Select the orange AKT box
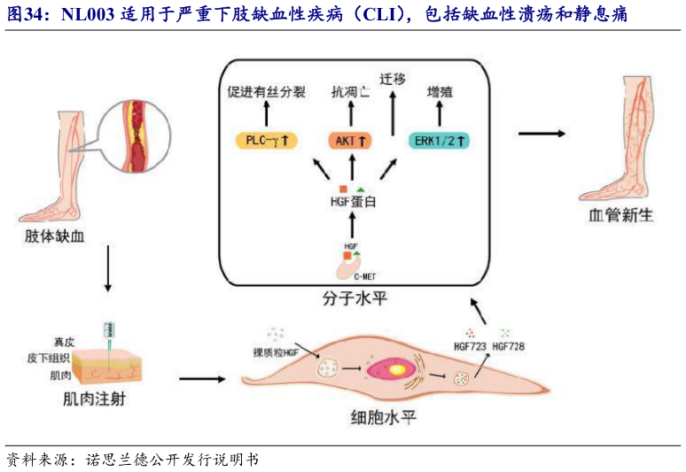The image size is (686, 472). pos(352,140)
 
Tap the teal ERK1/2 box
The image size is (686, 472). pos(440,140)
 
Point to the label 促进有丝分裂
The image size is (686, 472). pos(265,90)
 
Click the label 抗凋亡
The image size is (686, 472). pos(351,90)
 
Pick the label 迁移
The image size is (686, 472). pos(391,78)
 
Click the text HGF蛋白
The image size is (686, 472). pos(352,203)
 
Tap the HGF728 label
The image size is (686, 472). pos(508,346)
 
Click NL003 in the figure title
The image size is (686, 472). pos(86,15)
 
